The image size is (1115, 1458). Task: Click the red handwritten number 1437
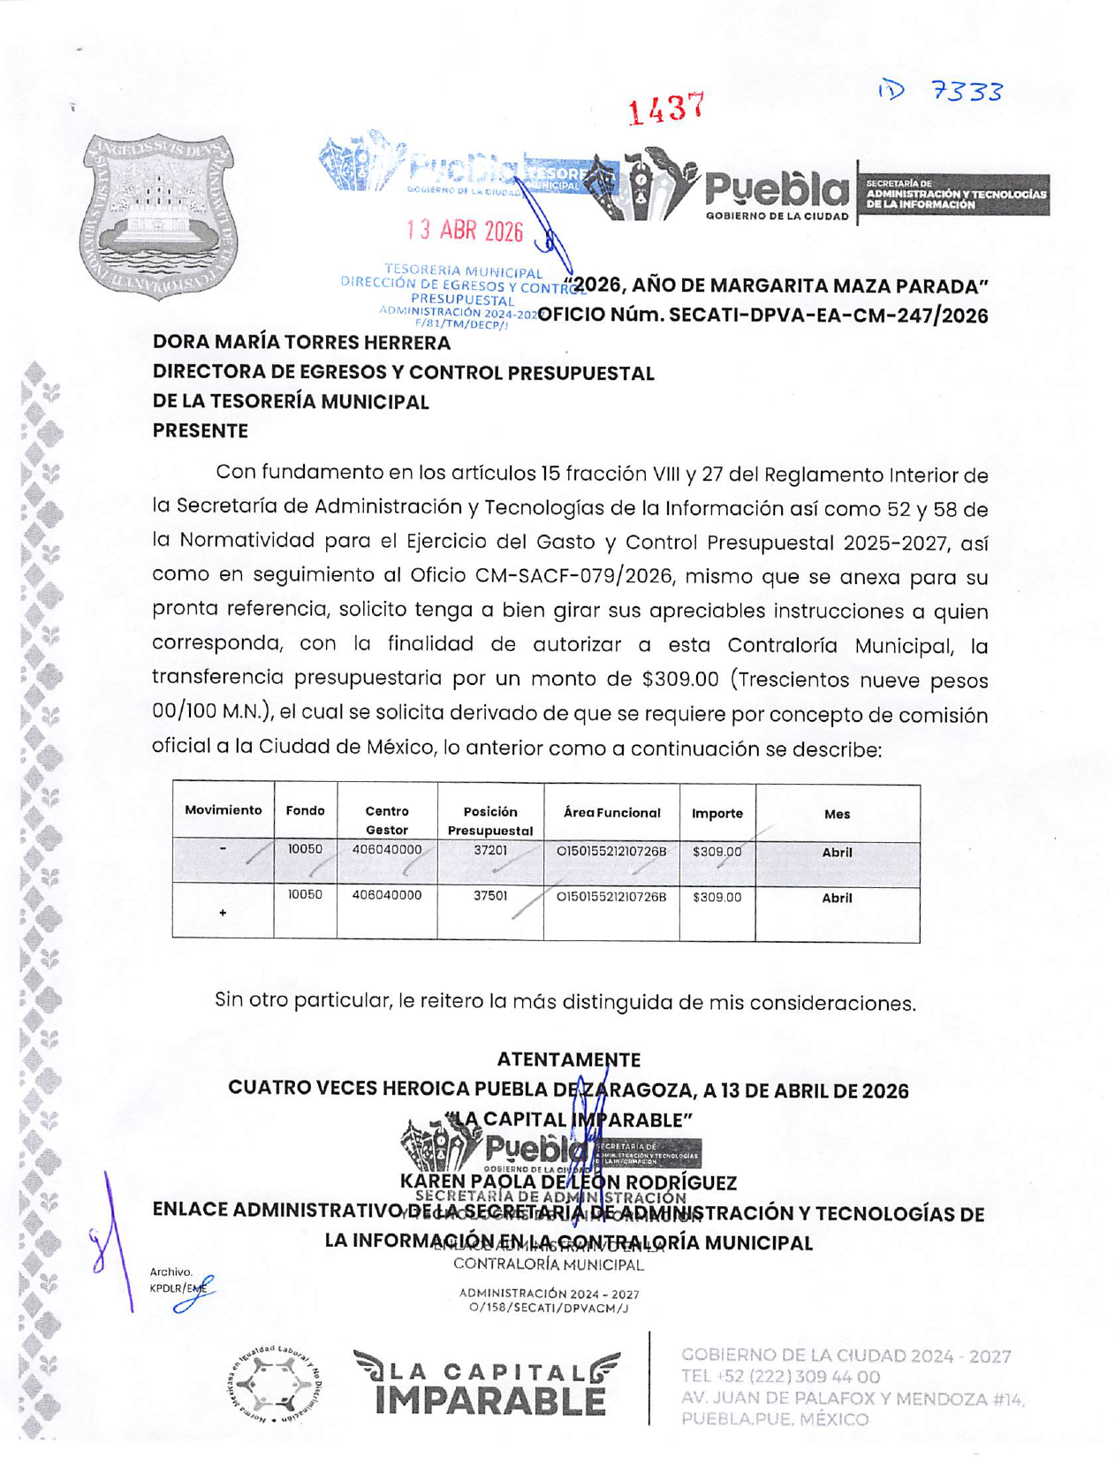(666, 109)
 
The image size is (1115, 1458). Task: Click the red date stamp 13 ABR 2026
(465, 231)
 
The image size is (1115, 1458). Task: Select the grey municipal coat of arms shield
(158, 216)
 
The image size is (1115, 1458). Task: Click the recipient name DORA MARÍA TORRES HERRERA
(301, 343)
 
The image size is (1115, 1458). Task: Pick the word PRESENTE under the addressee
(201, 431)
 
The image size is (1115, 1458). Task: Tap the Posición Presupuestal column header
(490, 820)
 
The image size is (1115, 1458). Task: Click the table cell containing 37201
(490, 851)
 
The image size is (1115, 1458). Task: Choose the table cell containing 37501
(490, 895)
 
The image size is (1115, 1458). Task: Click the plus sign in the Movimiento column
(223, 912)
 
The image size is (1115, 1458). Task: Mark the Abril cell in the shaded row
(837, 853)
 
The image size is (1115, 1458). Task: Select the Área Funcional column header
(611, 813)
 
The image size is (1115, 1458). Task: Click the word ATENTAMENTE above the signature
(568, 1059)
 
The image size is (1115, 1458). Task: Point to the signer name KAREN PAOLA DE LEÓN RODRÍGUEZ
(568, 1182)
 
